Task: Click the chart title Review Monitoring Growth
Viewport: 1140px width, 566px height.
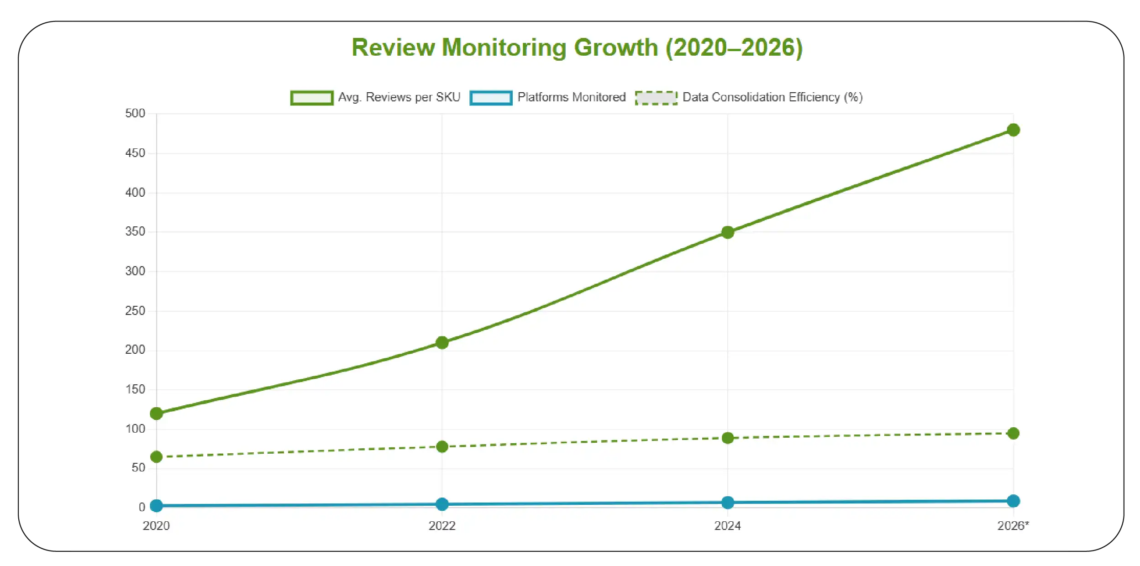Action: tap(577, 47)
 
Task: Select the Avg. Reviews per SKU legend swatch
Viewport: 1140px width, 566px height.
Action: tap(312, 98)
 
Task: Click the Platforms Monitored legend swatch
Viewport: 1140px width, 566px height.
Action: tap(491, 98)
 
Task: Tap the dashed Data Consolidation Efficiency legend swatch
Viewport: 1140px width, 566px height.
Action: tap(656, 98)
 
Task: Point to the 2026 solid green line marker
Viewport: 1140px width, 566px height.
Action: tap(1013, 130)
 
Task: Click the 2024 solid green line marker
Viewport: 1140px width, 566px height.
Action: tap(728, 232)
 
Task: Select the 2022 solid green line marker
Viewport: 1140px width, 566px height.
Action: tap(442, 342)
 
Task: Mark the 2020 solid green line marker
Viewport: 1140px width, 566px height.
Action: tap(156, 414)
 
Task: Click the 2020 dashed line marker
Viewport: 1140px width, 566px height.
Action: tap(156, 457)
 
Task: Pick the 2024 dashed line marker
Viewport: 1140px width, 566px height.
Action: tap(728, 438)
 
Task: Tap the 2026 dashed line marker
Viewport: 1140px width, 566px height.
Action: tap(1013, 433)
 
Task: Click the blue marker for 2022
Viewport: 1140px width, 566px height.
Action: tap(442, 504)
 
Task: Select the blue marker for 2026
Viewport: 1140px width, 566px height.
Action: tap(1013, 501)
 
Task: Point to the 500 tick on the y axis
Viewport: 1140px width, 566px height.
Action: tap(135, 113)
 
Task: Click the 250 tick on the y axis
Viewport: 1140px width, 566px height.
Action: tap(135, 311)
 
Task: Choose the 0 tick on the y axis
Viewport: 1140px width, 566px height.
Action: tap(142, 507)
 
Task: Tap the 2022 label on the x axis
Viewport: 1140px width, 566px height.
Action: tap(442, 526)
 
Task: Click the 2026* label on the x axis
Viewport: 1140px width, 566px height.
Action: tap(1013, 526)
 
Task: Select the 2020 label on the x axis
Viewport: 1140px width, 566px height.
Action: tap(156, 526)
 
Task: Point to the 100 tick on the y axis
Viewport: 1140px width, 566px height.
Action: tap(135, 429)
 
